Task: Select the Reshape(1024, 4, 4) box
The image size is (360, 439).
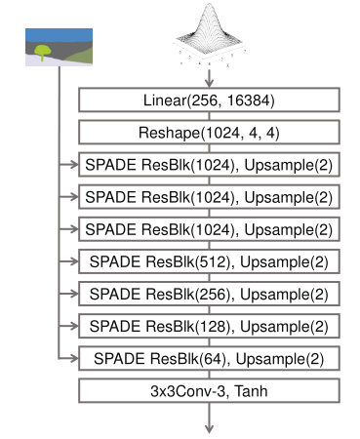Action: (209, 132)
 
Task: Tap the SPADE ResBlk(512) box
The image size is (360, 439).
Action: (209, 261)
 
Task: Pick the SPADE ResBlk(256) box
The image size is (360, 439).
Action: (209, 294)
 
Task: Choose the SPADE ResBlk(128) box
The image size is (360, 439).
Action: (209, 326)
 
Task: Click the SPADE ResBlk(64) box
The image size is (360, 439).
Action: (209, 358)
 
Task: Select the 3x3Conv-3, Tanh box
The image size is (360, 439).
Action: (209, 390)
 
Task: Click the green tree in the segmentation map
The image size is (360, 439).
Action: (43, 52)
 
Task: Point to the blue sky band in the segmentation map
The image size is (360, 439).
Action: (59, 35)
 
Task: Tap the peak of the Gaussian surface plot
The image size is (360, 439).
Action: (210, 5)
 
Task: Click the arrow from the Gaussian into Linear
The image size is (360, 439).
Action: (210, 78)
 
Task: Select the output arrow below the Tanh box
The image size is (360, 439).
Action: (210, 419)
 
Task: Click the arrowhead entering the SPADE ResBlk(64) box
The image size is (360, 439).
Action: (74, 359)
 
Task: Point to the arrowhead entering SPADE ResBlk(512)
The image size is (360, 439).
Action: (74, 261)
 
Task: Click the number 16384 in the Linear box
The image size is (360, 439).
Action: (248, 100)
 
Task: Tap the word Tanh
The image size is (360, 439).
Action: (251, 391)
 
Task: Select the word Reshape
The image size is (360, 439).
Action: (169, 133)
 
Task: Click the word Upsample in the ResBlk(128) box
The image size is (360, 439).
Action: (275, 327)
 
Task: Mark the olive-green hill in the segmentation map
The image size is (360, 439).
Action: (79, 56)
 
